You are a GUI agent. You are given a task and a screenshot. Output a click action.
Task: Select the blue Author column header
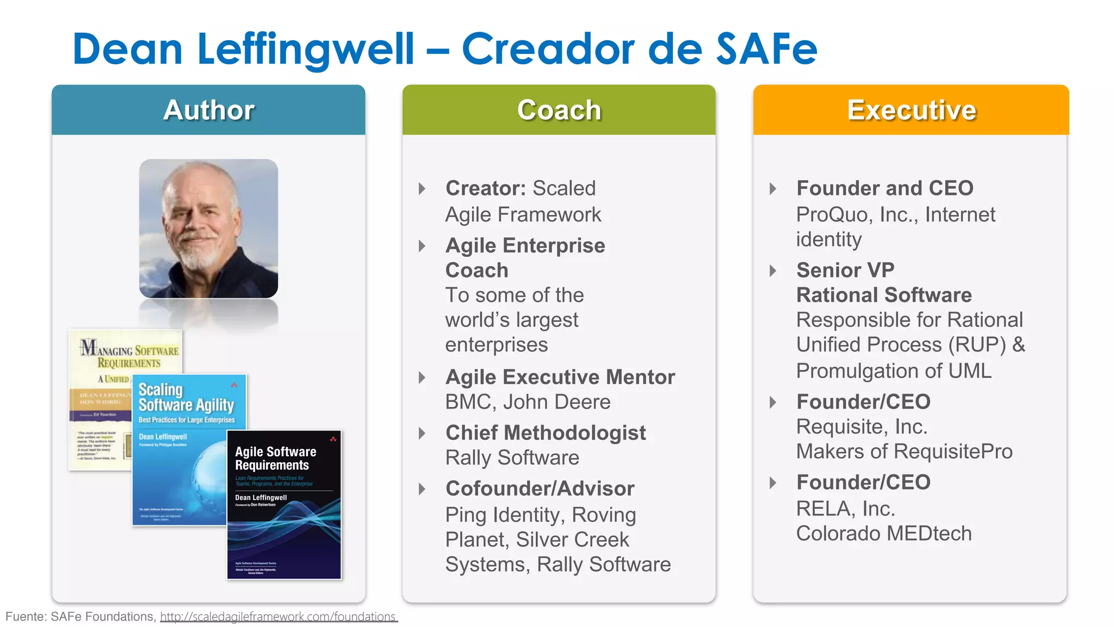(x=208, y=110)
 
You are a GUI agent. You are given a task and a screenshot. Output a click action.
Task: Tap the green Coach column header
(x=559, y=110)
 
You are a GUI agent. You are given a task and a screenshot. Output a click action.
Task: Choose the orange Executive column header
(x=911, y=110)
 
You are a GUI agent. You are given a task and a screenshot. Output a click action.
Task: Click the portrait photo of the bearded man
(x=208, y=229)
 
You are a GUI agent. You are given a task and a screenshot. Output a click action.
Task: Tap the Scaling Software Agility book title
(x=186, y=397)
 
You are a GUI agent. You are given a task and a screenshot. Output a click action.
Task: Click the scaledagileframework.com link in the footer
(x=278, y=617)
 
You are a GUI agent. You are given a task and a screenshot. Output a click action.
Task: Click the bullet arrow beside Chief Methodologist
(x=422, y=433)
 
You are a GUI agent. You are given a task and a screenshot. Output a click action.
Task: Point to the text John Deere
(x=556, y=402)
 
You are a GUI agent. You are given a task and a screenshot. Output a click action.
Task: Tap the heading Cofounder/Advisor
(x=540, y=489)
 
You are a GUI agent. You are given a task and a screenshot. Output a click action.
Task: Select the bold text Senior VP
(x=845, y=270)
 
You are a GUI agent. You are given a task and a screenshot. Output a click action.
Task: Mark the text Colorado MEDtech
(x=883, y=533)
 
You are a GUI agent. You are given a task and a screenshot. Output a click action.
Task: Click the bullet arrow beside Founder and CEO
(x=773, y=189)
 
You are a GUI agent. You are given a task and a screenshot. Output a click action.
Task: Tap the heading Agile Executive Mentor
(x=560, y=377)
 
